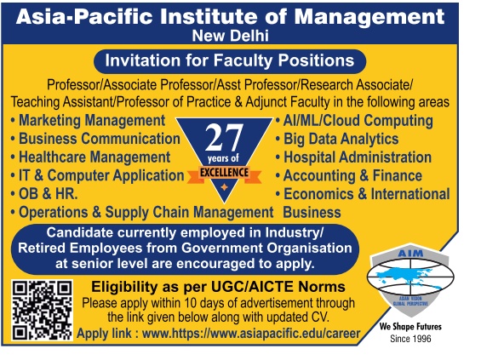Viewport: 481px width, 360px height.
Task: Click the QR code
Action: coord(43,310)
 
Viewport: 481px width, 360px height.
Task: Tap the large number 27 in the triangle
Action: coord(224,138)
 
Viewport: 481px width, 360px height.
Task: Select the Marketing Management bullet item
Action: coord(89,120)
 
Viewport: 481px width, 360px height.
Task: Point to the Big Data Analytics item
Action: coord(337,139)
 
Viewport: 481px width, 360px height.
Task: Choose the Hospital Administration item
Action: coord(353,157)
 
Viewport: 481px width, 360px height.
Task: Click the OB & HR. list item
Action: coord(44,194)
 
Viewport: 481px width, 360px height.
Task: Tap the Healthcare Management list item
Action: coord(90,157)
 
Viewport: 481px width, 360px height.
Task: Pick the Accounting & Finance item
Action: coord(349,175)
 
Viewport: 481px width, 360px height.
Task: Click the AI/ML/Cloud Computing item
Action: coord(354,121)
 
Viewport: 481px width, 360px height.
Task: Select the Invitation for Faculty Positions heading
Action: coord(230,60)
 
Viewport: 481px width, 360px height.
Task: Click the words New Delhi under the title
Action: coord(231,36)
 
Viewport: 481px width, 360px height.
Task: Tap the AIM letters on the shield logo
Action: coord(410,254)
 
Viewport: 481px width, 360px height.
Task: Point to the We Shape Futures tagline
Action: coord(410,326)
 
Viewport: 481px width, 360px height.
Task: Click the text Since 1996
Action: coord(410,339)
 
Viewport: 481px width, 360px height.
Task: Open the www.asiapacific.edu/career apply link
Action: coord(251,334)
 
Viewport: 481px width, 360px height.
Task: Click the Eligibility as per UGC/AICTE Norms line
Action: coord(219,287)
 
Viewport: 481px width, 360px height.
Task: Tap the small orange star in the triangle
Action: coord(224,187)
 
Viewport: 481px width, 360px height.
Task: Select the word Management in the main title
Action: coord(369,17)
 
